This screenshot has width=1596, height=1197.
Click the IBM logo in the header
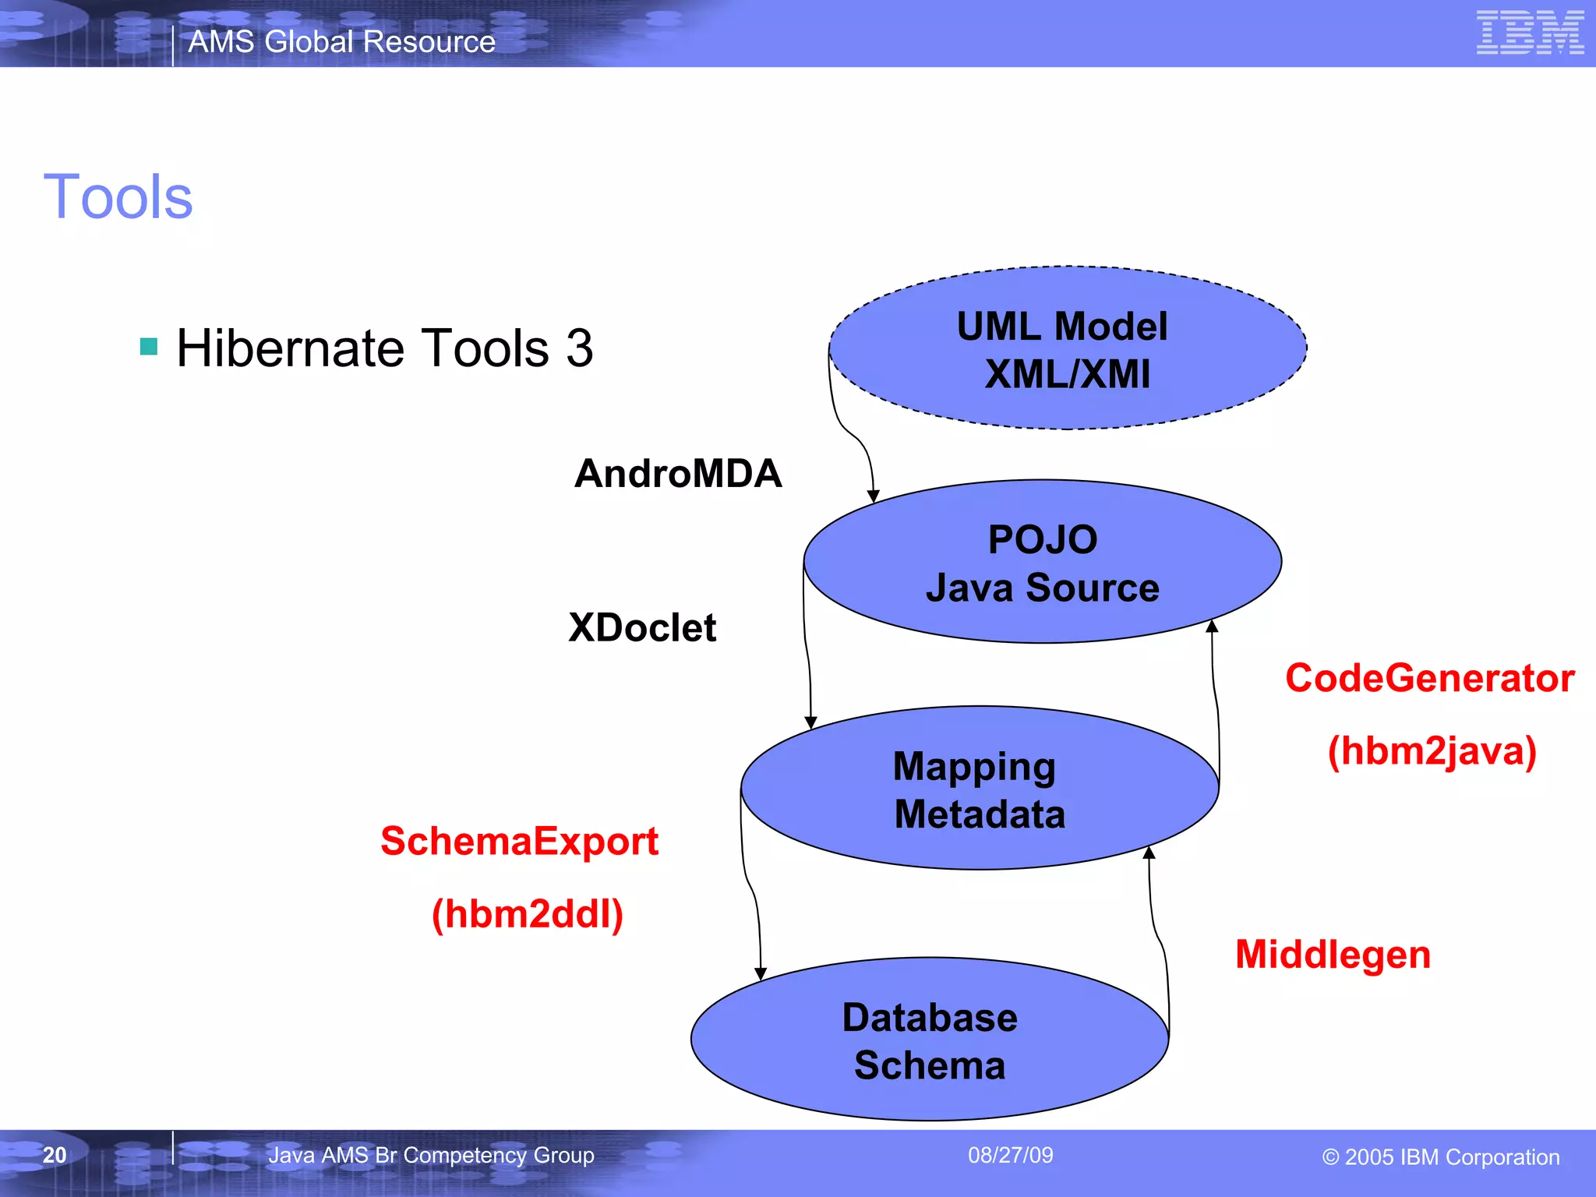1530,33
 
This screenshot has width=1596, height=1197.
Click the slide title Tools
118,197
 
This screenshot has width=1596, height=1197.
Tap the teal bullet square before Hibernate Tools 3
149,347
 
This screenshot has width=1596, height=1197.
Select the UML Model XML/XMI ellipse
1067,348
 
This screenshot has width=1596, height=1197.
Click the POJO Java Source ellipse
1042,562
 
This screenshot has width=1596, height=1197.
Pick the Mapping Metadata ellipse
979,789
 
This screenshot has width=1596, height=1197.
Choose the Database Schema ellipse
929,1040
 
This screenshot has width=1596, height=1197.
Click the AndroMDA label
677,474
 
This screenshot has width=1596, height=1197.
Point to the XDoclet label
641,627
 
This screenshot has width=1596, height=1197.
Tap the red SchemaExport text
519,842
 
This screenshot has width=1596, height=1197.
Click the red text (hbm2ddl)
528,914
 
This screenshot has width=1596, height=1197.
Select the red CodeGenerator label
1429,678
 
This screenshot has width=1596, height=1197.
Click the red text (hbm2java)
1432,751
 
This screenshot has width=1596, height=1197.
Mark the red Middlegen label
1333,955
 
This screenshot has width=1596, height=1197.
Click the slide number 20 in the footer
55,1155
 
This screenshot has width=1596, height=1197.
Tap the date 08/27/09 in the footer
1010,1155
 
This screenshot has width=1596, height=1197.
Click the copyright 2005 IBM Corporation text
1441,1157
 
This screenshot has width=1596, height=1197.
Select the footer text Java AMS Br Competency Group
431,1155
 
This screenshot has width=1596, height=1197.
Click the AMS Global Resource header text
341,42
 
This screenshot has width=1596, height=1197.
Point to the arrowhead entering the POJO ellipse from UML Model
874,496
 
